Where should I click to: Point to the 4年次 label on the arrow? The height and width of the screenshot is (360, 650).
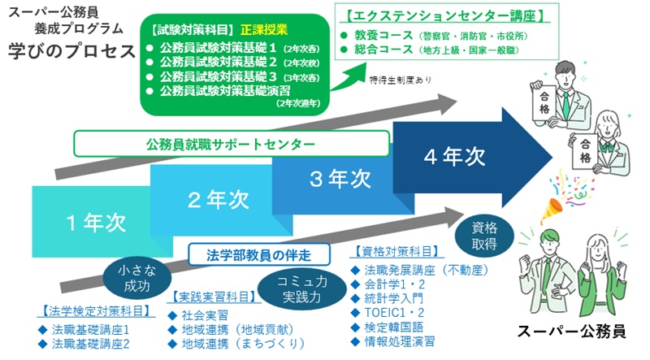tap(454, 156)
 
